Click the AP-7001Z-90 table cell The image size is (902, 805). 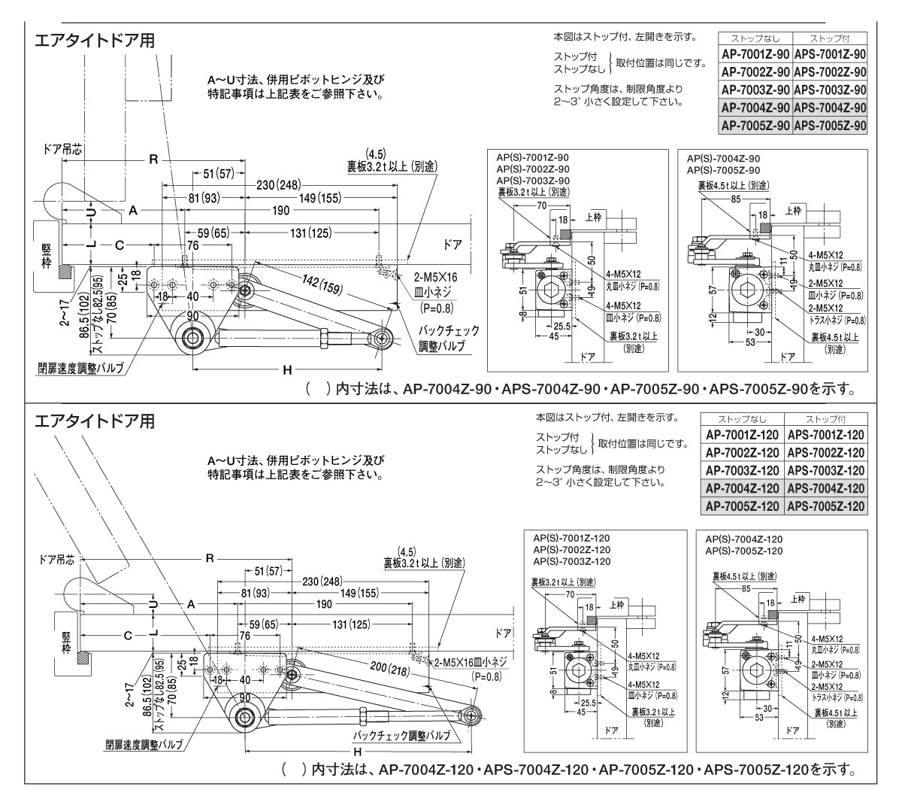click(755, 54)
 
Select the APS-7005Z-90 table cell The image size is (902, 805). click(830, 126)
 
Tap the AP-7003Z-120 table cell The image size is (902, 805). click(741, 471)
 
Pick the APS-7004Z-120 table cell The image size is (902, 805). click(825, 489)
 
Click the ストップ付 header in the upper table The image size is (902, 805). click(830, 38)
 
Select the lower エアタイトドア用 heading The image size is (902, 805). click(95, 421)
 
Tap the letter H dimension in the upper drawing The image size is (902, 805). click(286, 370)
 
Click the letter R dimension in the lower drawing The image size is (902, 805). click(210, 559)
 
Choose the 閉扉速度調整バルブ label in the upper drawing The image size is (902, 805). click(80, 369)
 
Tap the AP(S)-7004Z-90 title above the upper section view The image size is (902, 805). click(722, 159)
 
